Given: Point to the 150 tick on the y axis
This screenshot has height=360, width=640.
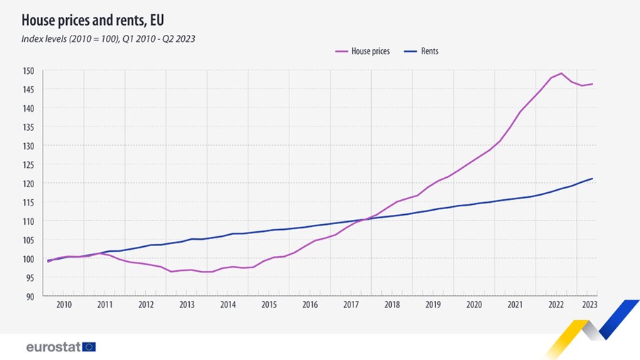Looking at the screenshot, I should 28,70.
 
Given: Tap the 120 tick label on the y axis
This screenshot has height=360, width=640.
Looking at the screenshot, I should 28,184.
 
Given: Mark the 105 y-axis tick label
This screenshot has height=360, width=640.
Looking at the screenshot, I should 28,240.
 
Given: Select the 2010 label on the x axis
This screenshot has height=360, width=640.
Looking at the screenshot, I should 64,305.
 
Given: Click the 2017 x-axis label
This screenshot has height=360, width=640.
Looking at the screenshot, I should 351,305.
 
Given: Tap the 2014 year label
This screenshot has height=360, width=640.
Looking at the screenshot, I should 228,305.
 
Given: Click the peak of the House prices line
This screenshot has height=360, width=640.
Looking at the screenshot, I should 562,73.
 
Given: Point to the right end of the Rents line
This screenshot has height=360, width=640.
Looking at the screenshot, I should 593,179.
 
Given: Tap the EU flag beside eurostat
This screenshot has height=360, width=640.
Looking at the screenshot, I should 89,347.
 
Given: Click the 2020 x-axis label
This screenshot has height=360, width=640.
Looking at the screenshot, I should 474,305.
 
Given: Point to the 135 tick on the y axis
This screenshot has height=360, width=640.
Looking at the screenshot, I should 28,127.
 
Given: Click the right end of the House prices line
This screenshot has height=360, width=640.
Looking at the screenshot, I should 593,84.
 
